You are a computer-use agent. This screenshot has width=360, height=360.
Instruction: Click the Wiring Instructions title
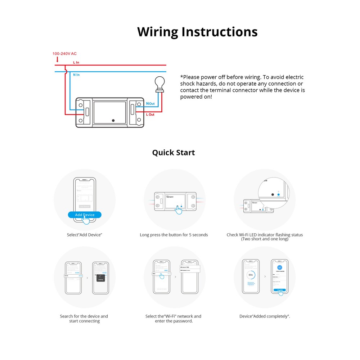pyautogui.click(x=197, y=32)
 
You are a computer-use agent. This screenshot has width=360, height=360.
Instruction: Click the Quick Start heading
pyautogui.click(x=173, y=152)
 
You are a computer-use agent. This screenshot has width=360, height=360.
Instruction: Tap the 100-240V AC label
pyautogui.click(x=64, y=54)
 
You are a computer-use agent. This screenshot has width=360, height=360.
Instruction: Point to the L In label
pyautogui.click(x=76, y=62)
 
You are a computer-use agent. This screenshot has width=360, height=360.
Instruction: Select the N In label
pyautogui.click(x=76, y=75)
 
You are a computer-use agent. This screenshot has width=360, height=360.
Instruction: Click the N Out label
pyautogui.click(x=150, y=104)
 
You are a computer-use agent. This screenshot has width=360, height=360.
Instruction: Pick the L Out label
pyautogui.click(x=150, y=114)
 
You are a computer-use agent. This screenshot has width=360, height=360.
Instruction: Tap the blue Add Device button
pyautogui.click(x=85, y=215)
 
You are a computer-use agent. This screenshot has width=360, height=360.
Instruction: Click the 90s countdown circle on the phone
pyautogui.click(x=251, y=275)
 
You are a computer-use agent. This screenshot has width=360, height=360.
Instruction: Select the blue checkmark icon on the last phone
pyautogui.click(x=280, y=268)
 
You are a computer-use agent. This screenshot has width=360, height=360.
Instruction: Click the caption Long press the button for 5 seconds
pyautogui.click(x=174, y=235)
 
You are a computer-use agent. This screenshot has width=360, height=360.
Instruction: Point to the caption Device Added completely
pyautogui.click(x=265, y=316)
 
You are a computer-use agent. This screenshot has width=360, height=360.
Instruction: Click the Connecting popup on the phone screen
pyautogui.click(x=100, y=278)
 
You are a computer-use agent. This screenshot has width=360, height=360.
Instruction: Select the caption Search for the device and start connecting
pyautogui.click(x=84, y=319)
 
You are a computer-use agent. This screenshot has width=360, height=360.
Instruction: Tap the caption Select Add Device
pyautogui.click(x=85, y=235)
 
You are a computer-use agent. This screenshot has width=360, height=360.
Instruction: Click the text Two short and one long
pyautogui.click(x=265, y=239)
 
